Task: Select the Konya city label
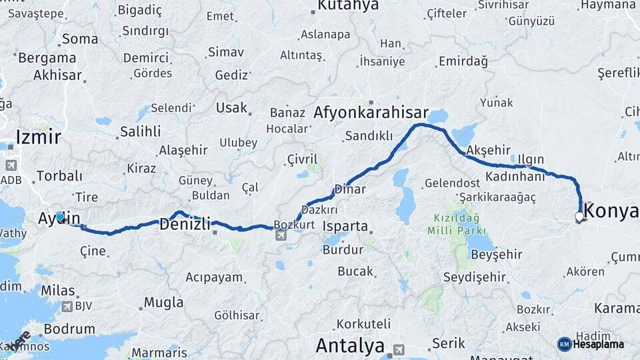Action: [x=612, y=211]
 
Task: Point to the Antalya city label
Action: [x=350, y=346]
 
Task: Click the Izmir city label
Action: [x=38, y=137]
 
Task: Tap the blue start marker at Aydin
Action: [x=60, y=216]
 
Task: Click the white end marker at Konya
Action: [x=579, y=217]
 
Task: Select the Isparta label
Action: [x=345, y=226]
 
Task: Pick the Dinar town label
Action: [x=351, y=189]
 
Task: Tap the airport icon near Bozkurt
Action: [x=280, y=235]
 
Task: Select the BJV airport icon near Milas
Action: [x=67, y=306]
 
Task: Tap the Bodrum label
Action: [x=69, y=329]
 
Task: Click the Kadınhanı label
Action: [x=515, y=177]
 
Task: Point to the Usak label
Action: [x=231, y=107]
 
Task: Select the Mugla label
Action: [x=163, y=303]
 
